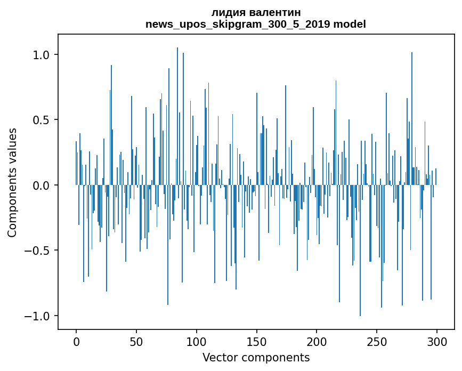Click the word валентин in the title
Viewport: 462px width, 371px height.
tap(273, 12)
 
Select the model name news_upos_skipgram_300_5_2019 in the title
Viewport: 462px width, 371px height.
tap(238, 24)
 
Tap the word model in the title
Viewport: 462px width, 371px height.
tap(350, 24)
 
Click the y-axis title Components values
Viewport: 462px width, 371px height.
tap(12, 182)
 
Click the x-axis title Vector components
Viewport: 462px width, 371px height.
tap(256, 357)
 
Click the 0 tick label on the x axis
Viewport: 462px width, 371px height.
tap(76, 341)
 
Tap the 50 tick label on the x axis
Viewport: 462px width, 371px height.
tap(136, 341)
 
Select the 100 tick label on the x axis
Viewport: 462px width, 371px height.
tap(197, 341)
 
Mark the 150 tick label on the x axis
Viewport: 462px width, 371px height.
tap(257, 341)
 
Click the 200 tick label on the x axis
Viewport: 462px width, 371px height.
tap(317, 341)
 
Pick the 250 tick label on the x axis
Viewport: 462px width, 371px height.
tap(377, 341)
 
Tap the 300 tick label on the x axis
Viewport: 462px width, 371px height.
tap(437, 341)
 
